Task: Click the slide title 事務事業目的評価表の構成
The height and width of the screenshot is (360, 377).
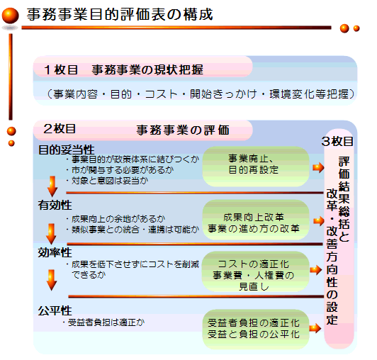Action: pyautogui.click(x=120, y=14)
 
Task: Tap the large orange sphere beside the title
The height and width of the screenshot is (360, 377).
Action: pyautogui.click(x=10, y=16)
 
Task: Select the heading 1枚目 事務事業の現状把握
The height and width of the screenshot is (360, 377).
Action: pyautogui.click(x=124, y=69)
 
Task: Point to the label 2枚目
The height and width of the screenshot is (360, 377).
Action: pyautogui.click(x=60, y=129)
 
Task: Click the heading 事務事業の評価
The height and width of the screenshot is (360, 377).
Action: pyautogui.click(x=183, y=130)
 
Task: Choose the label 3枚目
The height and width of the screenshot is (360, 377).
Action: pyautogui.click(x=337, y=141)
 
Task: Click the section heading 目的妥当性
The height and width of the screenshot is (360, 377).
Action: pyautogui.click(x=67, y=150)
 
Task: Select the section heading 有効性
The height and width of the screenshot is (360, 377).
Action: pyautogui.click(x=55, y=205)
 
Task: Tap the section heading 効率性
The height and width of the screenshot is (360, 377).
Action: pyautogui.click(x=55, y=252)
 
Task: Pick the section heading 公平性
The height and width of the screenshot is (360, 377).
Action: pyautogui.click(x=55, y=310)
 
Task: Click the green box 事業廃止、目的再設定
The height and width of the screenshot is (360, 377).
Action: pyautogui.click(x=256, y=167)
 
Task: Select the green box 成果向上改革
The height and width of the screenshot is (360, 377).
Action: pyautogui.click(x=256, y=220)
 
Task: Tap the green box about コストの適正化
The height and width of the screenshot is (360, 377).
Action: pyautogui.click(x=255, y=271)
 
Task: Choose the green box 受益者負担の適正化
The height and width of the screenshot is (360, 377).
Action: pyautogui.click(x=256, y=329)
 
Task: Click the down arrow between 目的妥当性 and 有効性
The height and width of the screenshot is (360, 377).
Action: pyautogui.click(x=52, y=186)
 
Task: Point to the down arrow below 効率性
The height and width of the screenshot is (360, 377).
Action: pyautogui.click(x=52, y=280)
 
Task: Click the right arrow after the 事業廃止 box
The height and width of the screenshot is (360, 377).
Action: pyautogui.click(x=318, y=167)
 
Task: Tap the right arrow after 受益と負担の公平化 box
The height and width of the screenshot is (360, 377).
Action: pyautogui.click(x=315, y=328)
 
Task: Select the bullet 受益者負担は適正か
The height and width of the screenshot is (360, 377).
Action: pyautogui.click(x=104, y=322)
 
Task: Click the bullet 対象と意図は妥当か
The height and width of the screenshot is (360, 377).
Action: pyautogui.click(x=107, y=181)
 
